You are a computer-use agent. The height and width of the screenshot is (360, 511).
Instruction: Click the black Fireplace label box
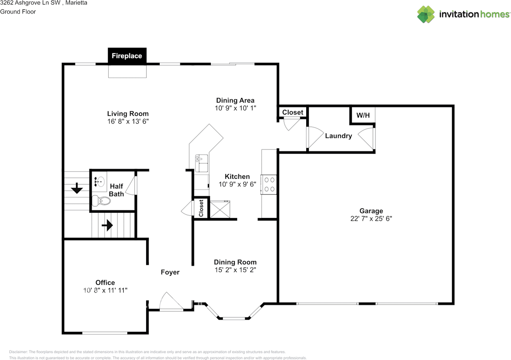[127, 56]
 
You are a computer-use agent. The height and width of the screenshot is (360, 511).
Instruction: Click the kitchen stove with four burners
[269, 184]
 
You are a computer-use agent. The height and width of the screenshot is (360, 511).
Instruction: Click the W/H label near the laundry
[363, 116]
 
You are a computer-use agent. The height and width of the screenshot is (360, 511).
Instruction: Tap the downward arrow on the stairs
[76, 188]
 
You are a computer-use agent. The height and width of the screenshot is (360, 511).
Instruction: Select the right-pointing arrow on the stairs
[107, 225]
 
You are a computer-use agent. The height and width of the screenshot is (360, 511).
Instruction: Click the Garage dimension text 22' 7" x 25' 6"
[371, 219]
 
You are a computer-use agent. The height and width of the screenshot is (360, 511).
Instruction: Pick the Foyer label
[170, 272]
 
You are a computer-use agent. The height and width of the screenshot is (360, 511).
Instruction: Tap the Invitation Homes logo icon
[426, 14]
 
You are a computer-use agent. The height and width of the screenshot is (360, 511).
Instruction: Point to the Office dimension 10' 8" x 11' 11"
[105, 291]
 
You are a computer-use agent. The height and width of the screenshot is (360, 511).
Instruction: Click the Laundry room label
[339, 136]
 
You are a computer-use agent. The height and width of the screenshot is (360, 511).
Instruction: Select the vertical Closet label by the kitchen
[201, 208]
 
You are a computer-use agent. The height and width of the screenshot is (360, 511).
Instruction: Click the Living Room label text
[128, 114]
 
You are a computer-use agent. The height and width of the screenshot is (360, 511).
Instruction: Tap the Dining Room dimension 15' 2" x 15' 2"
[235, 270]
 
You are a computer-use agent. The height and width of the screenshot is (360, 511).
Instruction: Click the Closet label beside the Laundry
[293, 113]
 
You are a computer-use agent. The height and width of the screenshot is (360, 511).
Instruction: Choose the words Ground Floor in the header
[18, 12]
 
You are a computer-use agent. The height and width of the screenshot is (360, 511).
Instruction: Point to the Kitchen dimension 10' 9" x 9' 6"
[237, 184]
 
